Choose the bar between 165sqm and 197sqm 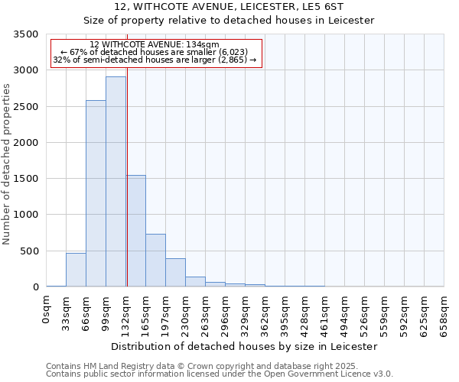click(x=155, y=261)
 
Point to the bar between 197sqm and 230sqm click(x=175, y=273)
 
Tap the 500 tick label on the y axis click(x=29, y=251)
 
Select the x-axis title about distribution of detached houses click(x=245, y=346)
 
